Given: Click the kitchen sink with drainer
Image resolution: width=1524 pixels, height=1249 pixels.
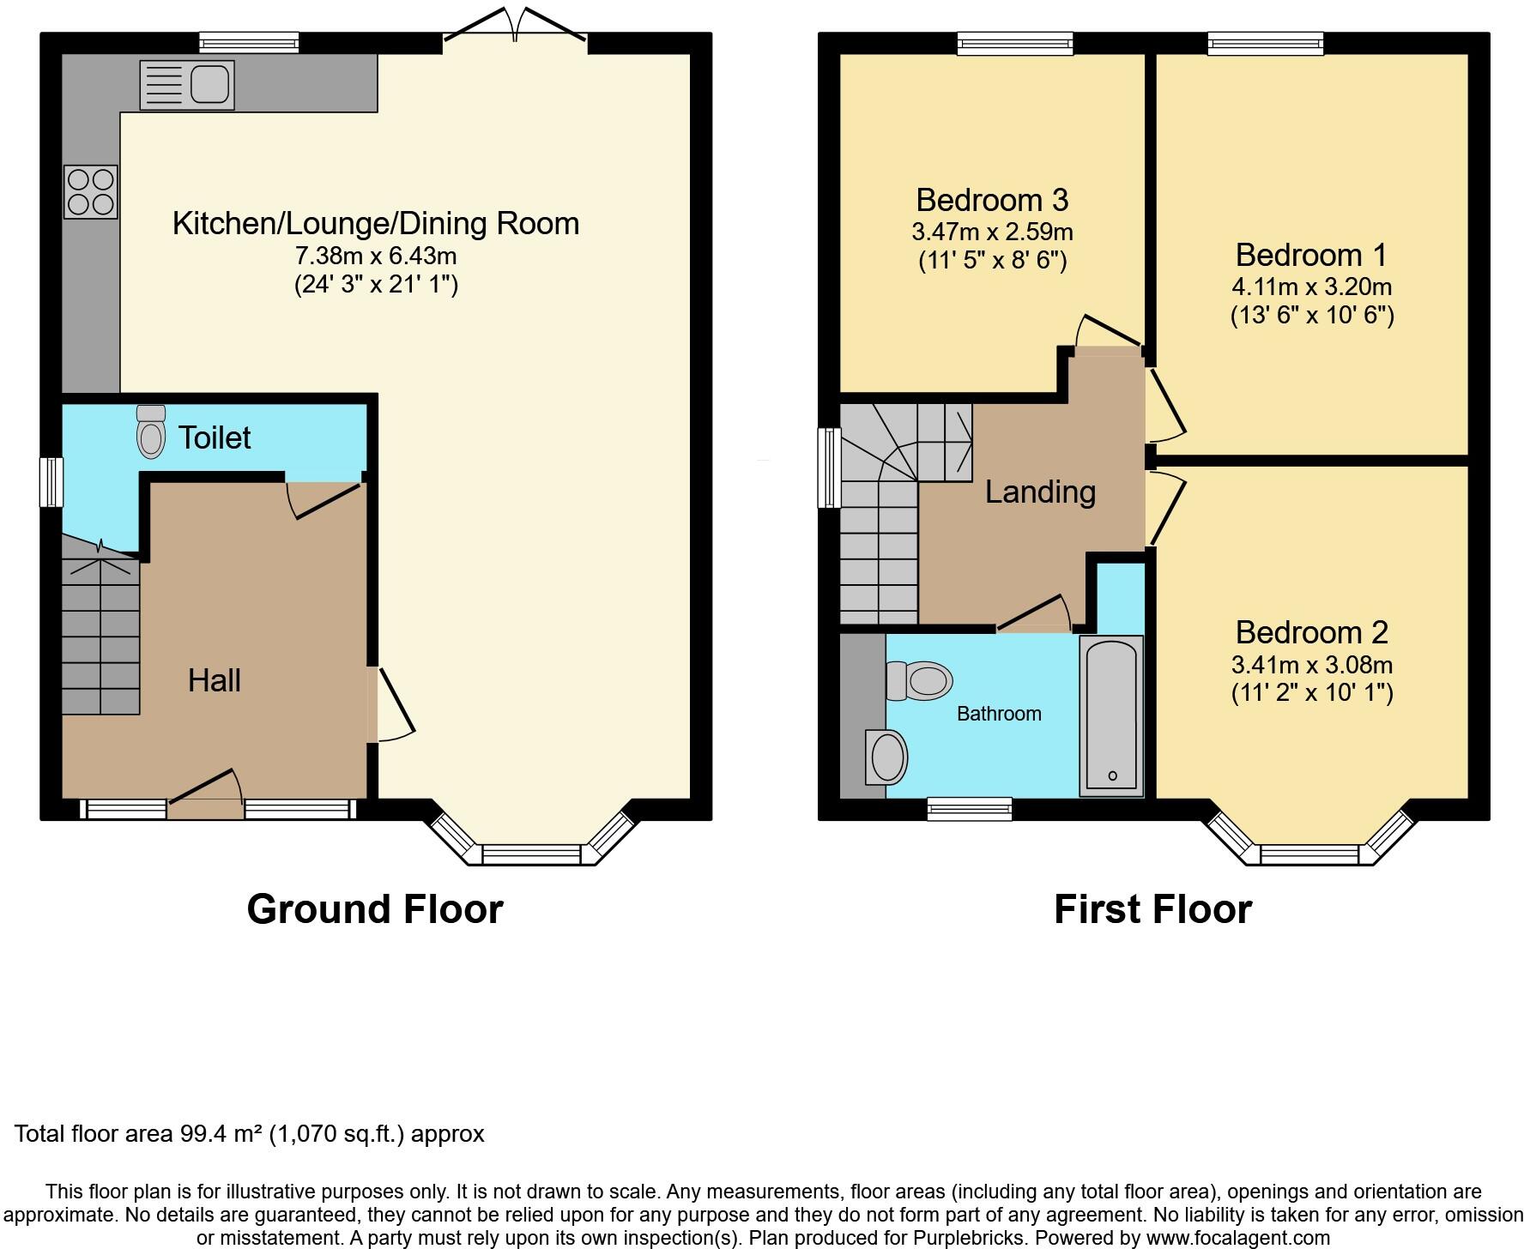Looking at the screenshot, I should [x=187, y=84].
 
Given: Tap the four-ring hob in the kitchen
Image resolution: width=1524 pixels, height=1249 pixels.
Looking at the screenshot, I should [x=90, y=192].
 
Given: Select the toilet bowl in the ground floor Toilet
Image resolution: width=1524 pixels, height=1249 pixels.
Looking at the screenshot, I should [x=151, y=432].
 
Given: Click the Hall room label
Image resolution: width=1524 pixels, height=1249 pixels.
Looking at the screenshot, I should [x=214, y=680].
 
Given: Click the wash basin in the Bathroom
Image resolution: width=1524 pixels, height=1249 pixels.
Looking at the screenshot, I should [x=886, y=757].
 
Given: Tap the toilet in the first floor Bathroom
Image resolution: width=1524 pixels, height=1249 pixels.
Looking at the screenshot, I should [x=920, y=681].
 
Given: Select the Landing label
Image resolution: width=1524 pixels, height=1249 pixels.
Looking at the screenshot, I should [x=1040, y=492].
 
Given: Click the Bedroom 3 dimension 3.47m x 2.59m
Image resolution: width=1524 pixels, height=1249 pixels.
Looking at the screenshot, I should [x=992, y=232].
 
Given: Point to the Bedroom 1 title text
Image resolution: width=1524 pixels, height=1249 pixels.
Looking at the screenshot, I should [x=1310, y=255].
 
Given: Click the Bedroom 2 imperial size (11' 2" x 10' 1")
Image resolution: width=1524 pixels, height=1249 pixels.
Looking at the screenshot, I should [x=1311, y=692].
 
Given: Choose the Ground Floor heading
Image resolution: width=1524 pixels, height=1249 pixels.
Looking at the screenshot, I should [x=374, y=909].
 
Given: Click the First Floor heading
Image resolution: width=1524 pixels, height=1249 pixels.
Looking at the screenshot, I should [x=1152, y=909].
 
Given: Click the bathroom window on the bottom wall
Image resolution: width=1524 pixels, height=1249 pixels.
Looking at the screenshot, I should [x=970, y=808].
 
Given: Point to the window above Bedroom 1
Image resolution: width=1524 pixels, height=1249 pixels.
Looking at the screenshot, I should [x=1265, y=42].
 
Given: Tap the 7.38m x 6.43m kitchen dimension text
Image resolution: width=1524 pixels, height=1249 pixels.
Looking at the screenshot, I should [x=376, y=256].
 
